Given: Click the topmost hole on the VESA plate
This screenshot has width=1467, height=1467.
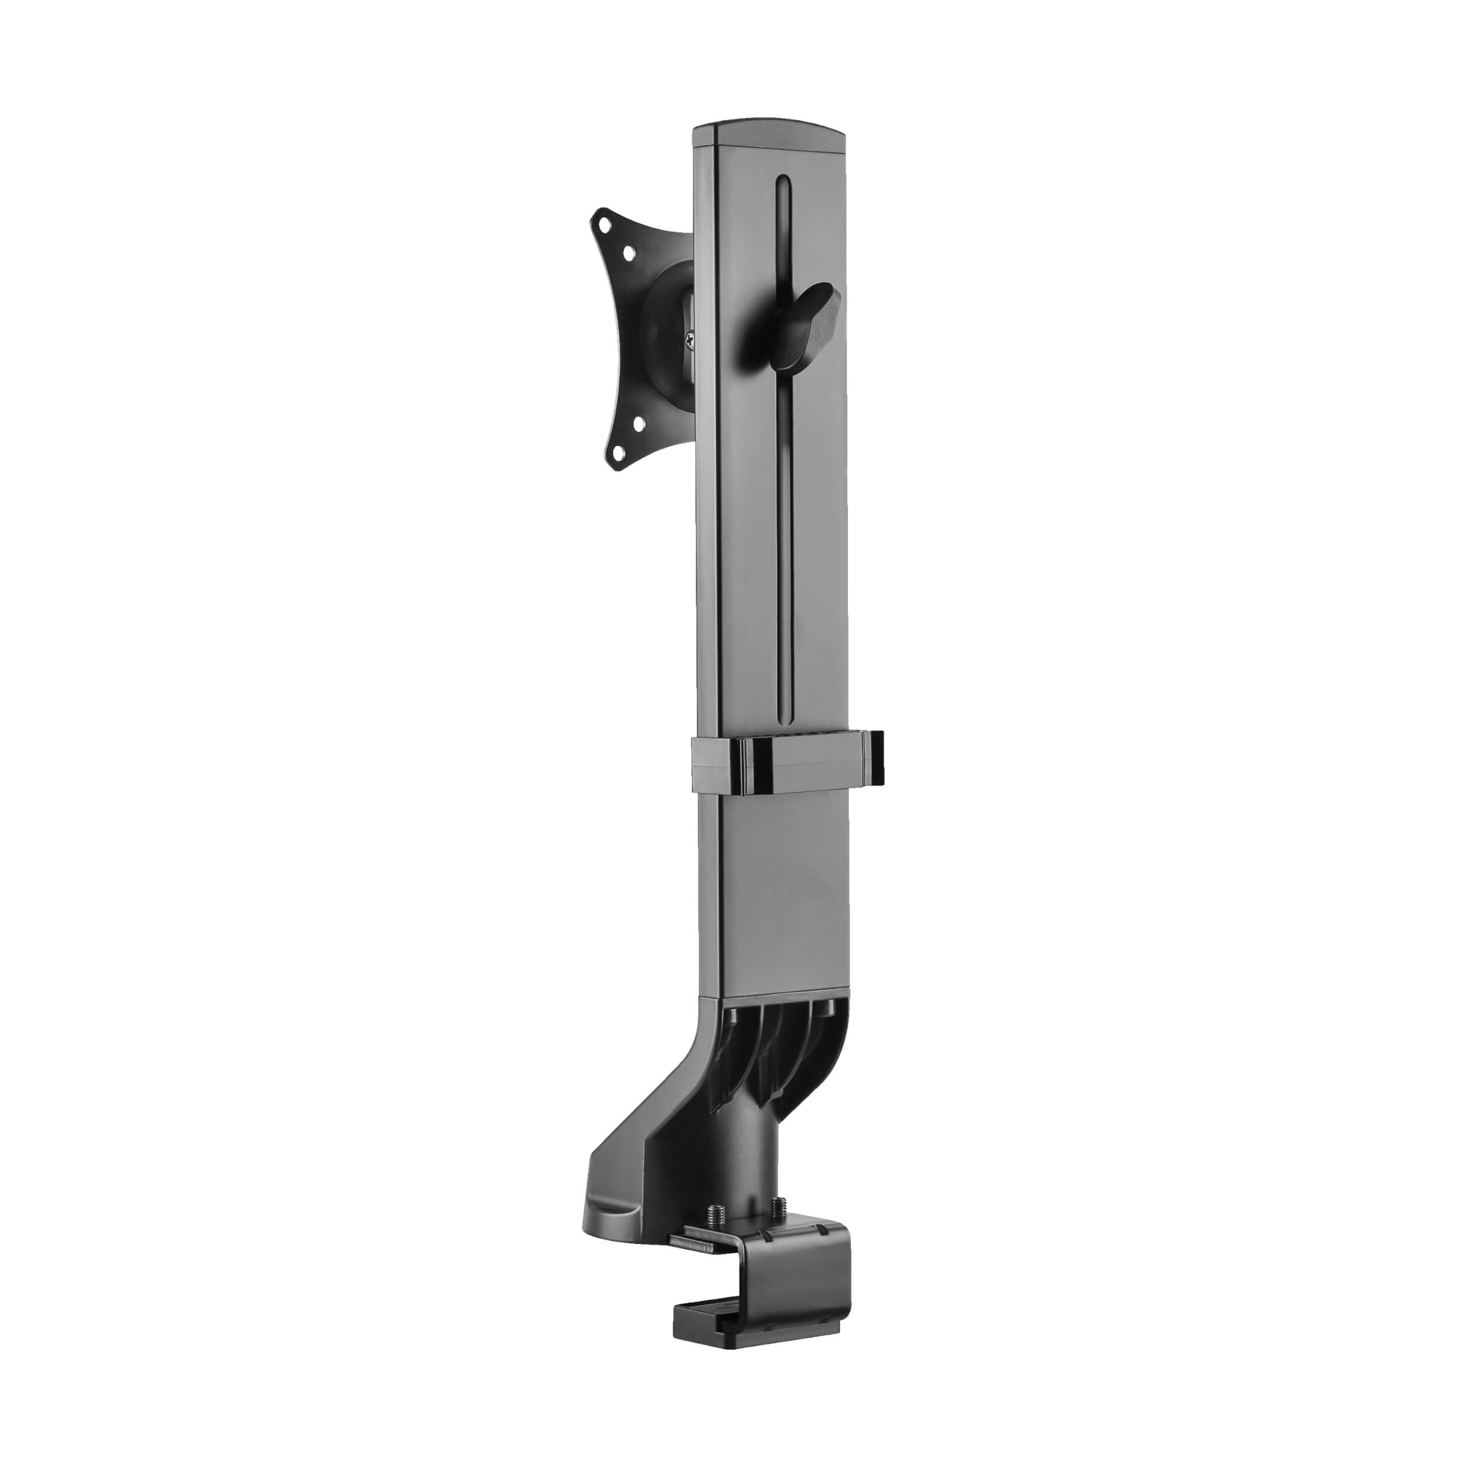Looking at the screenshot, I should [x=604, y=225].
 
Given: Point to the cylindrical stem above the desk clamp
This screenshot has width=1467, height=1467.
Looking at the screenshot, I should [x=748, y=1139].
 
